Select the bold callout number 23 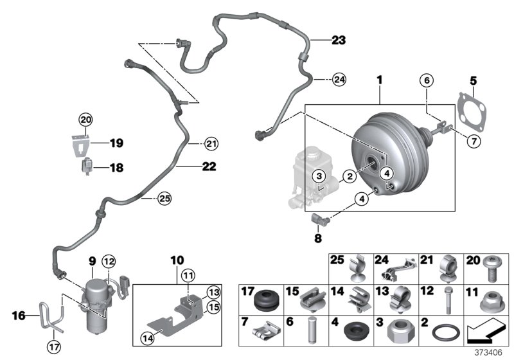pyautogui.click(x=338, y=40)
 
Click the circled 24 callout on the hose pyautogui.click(x=339, y=80)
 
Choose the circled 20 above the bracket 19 pyautogui.click(x=85, y=119)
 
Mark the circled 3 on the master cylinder pyautogui.click(x=317, y=176)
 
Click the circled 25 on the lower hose pyautogui.click(x=165, y=199)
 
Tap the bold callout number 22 pyautogui.click(x=208, y=166)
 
